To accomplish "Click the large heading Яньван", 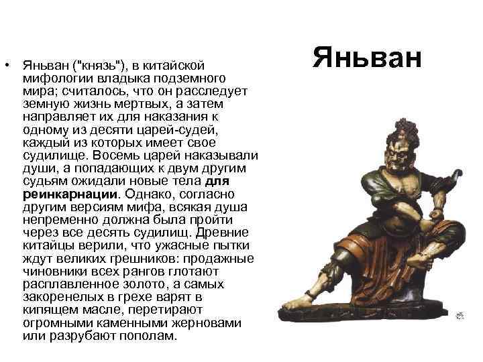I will tap(368, 59).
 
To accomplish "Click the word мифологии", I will tap(52, 78).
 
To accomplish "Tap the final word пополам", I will tap(154, 335).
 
